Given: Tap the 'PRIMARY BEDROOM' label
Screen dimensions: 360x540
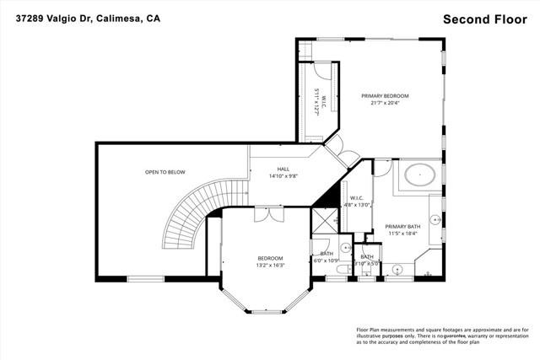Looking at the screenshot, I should tap(385, 96).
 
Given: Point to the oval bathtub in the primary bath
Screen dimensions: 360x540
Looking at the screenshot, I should tap(419, 176).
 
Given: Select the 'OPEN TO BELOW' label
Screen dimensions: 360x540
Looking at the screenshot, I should tap(165, 172).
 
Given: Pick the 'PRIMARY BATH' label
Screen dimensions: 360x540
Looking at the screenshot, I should tap(402, 226).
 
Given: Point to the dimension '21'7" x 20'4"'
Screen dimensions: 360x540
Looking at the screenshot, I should tap(385, 104).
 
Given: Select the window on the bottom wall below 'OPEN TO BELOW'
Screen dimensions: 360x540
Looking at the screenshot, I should tap(144, 279).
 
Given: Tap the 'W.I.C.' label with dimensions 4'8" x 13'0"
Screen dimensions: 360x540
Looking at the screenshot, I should tap(356, 200).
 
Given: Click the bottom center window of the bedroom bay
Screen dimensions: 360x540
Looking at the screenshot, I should tap(271, 313).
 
